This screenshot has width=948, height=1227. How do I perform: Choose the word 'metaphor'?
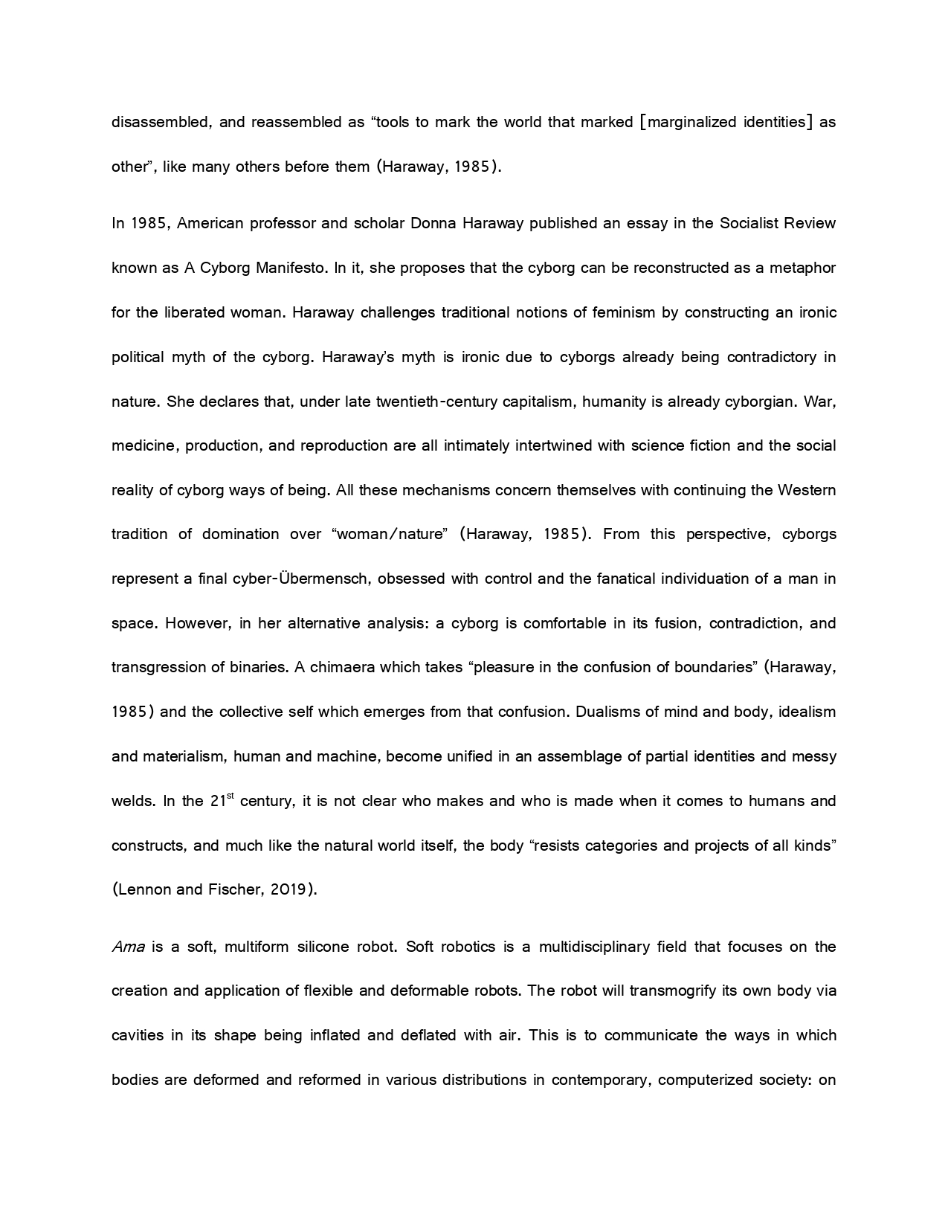click(x=802, y=268)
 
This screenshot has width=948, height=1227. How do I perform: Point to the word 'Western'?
click(x=807, y=490)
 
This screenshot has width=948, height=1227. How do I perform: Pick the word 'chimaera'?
click(x=342, y=667)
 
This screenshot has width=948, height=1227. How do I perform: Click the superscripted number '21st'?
click(x=222, y=800)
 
